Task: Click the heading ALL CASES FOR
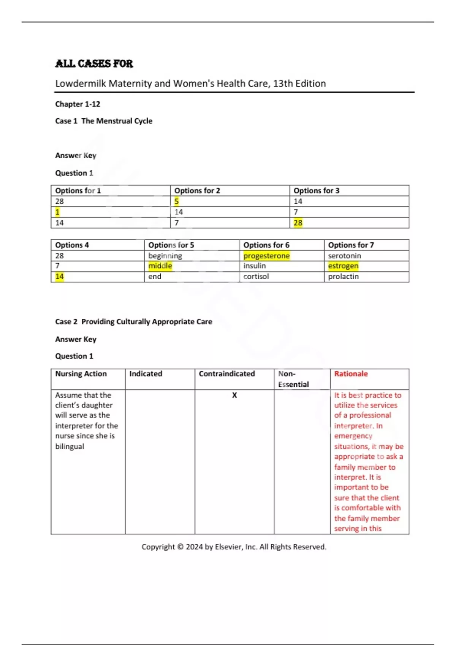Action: pos(94,63)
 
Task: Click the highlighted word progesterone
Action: pos(266,256)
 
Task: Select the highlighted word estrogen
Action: pos(343,266)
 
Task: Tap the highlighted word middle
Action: pos(160,266)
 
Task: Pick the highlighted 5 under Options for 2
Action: pos(176,201)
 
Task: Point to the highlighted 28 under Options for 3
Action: pos(298,223)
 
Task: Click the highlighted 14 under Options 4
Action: pos(60,277)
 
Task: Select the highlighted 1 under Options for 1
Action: pos(57,212)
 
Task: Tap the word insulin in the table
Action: pos(255,266)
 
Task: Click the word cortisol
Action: pos(256,277)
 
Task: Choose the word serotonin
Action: pos(344,256)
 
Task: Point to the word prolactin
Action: pos(343,277)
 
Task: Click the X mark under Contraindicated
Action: pos(234,395)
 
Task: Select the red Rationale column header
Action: pos(351,374)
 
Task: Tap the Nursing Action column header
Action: pos(81,374)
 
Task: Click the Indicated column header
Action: pos(146,374)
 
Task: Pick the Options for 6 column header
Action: pos(266,245)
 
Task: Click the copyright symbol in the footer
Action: pos(180,547)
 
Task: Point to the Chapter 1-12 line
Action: pos(78,104)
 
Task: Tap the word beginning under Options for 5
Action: pos(165,256)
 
